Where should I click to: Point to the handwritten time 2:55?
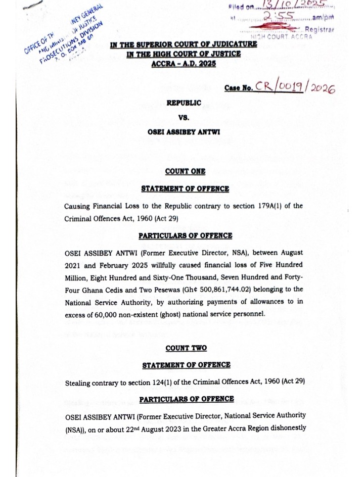[281, 18]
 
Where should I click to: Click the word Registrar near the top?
[320, 30]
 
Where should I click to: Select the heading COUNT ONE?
[185, 171]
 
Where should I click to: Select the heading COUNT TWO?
[186, 348]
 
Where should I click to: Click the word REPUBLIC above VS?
[184, 103]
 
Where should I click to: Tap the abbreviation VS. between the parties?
[184, 118]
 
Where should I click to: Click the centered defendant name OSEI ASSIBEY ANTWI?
[184, 133]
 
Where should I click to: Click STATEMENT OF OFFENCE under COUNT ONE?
[185, 189]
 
